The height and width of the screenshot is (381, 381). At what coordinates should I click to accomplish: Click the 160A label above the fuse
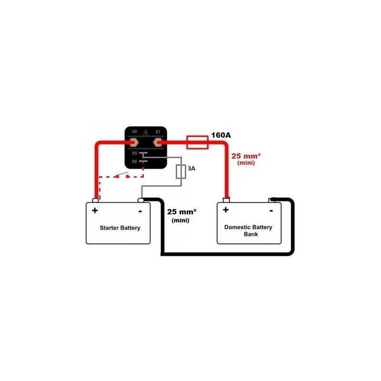point(221,135)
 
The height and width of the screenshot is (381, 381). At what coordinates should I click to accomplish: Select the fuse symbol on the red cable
point(197,141)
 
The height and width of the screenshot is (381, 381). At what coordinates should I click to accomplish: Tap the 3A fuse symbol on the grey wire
point(181,171)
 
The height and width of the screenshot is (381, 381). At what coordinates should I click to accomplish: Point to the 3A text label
point(191,169)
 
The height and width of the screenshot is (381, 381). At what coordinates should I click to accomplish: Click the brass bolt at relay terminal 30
point(134,142)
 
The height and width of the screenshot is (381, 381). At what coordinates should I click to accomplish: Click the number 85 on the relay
point(134,153)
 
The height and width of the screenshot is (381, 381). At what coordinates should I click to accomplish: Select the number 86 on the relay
point(134,162)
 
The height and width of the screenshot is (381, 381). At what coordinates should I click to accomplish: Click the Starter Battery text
point(120,228)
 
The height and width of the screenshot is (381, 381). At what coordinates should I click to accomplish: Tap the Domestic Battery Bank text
point(248,231)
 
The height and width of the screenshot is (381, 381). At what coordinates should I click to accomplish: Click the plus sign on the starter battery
point(95,211)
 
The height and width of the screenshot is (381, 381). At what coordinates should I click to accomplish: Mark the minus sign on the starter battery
point(140,211)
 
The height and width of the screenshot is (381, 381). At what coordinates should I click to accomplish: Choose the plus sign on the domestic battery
point(226,210)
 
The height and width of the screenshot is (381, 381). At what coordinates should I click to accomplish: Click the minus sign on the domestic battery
point(271,210)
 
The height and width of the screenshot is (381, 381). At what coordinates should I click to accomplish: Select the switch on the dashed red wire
point(122,176)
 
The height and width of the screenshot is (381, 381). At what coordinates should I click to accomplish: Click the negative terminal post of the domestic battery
point(272,200)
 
